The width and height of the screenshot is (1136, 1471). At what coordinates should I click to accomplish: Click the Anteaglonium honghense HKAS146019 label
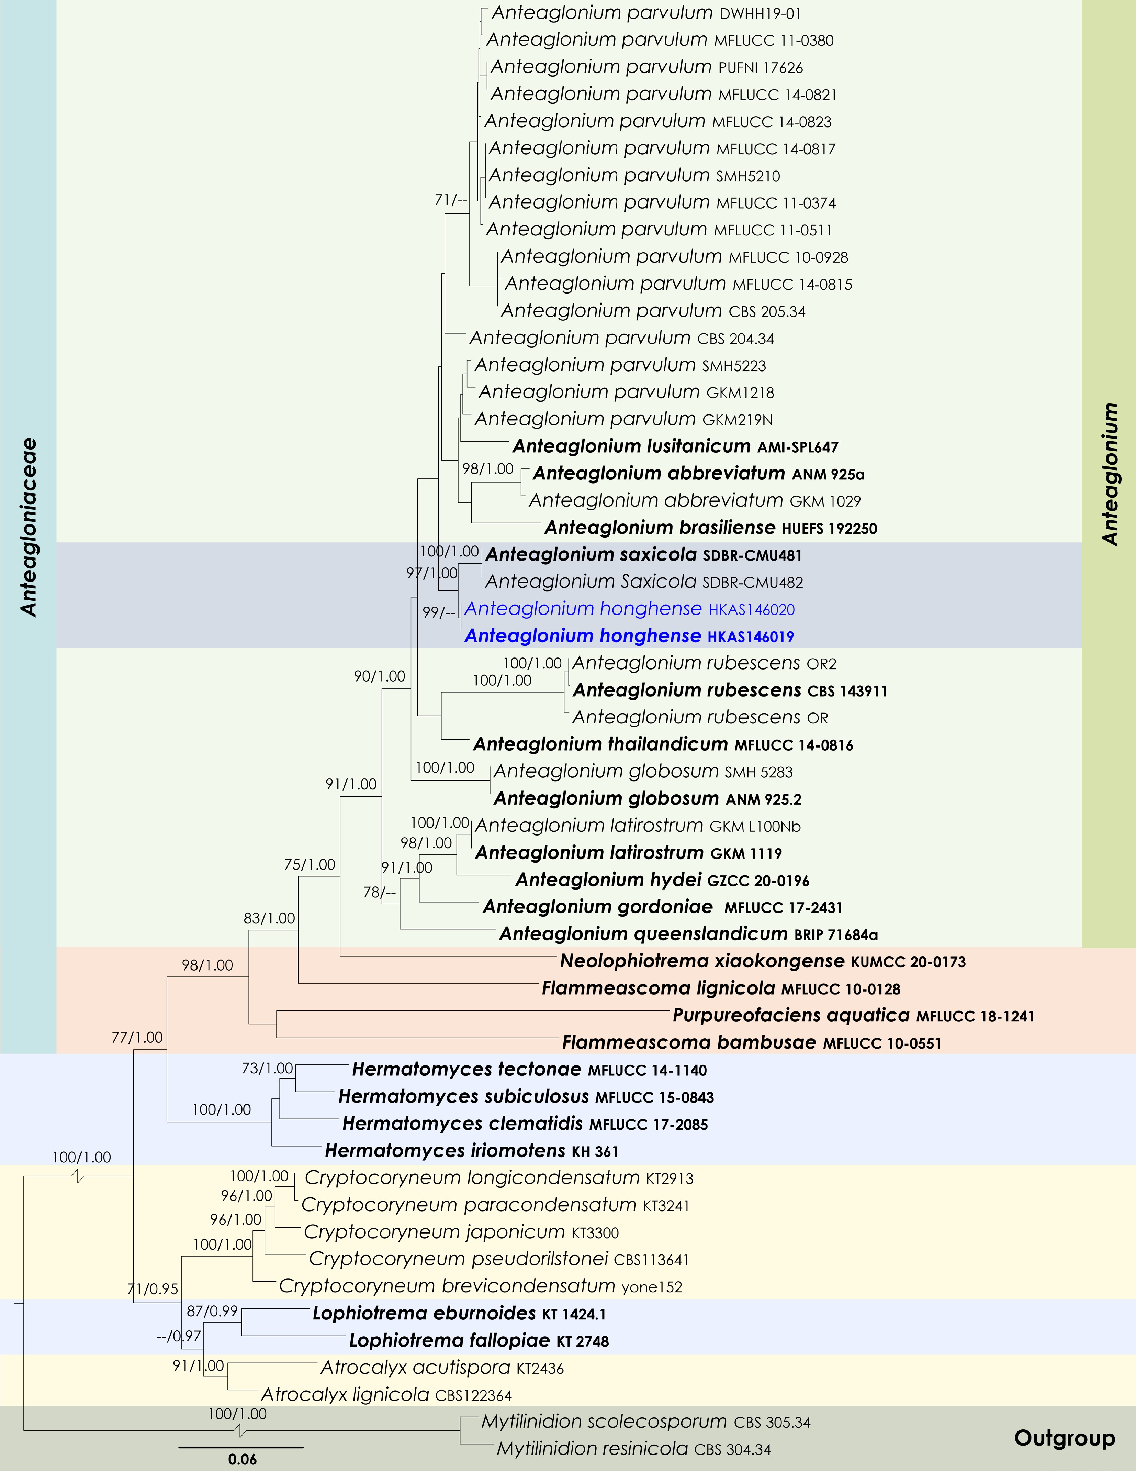[x=629, y=636]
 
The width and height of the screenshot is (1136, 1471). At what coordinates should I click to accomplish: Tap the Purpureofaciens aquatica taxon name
[x=791, y=1015]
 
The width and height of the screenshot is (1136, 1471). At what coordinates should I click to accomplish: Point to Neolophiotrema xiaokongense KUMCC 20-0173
[x=762, y=961]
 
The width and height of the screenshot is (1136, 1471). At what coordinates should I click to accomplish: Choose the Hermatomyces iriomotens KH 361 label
[x=471, y=1150]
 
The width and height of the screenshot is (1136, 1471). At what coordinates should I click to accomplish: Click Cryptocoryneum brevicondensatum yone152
[x=480, y=1286]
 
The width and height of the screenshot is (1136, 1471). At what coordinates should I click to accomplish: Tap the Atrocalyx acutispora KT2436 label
[x=442, y=1367]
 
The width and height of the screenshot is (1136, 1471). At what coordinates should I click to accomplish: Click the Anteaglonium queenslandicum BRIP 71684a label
[x=688, y=933]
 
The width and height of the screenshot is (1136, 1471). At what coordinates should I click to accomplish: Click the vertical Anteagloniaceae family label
[x=28, y=527]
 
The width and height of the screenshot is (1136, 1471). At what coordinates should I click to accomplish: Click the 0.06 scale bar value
[x=243, y=1459]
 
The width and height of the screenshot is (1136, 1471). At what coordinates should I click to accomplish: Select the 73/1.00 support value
[x=267, y=1068]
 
